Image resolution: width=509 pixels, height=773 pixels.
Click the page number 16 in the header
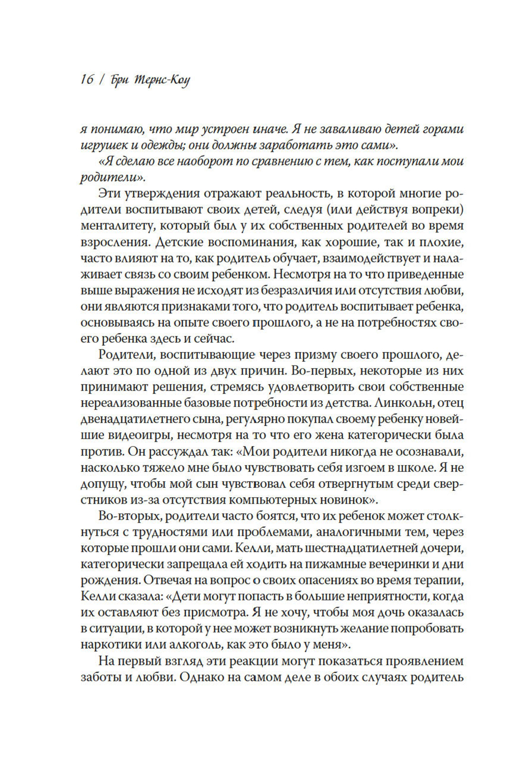[x=86, y=80]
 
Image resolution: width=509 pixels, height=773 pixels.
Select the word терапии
[x=439, y=581]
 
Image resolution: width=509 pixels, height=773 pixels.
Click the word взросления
[x=110, y=241]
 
